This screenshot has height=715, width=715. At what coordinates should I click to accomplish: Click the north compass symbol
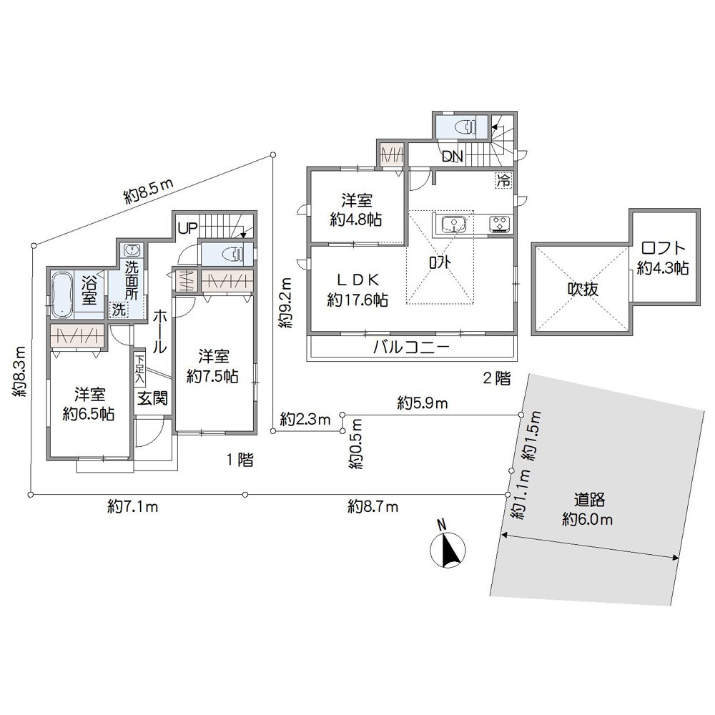coord(448,549)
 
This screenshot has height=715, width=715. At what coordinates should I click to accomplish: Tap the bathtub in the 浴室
coord(62,292)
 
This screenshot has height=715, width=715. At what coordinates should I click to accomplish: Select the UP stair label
coord(187,229)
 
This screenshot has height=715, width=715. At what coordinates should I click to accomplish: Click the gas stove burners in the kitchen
coord(499,224)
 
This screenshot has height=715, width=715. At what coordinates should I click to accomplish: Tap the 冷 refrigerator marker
coord(503,180)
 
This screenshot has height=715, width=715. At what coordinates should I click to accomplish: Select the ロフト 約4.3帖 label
coord(663,258)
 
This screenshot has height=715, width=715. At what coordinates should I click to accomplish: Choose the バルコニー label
coord(412,349)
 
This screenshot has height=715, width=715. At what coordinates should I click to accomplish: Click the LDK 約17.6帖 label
coord(357,290)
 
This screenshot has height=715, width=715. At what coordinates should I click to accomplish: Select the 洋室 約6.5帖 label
coord(89,405)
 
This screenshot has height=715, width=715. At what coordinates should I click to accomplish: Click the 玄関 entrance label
coord(153,397)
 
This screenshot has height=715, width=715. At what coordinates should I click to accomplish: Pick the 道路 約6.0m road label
coord(588,509)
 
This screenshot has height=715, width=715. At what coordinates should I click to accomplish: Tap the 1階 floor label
coord(240,460)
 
